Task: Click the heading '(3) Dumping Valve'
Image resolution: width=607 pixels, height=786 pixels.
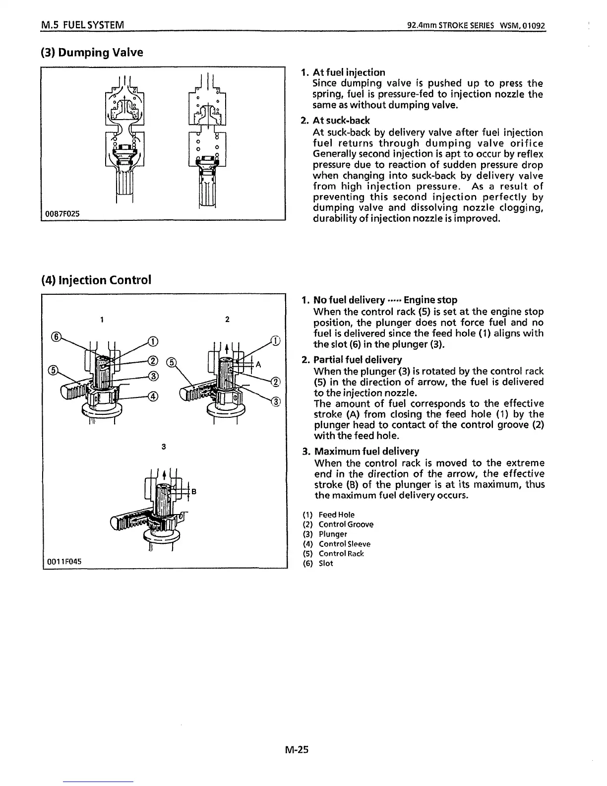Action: [x=92, y=52]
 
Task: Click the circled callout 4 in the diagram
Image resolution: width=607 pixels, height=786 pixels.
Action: [x=154, y=396]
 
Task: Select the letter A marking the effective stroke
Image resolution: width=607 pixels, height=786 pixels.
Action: [x=258, y=365]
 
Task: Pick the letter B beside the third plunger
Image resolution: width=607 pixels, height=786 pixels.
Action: [x=194, y=492]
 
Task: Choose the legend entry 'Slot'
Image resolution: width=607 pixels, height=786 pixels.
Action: [x=326, y=563]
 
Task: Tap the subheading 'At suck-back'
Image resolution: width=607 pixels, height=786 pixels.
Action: [x=341, y=121]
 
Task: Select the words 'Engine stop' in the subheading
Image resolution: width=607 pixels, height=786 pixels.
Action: [x=430, y=300]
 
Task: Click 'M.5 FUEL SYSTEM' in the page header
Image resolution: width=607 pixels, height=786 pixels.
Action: [x=82, y=25]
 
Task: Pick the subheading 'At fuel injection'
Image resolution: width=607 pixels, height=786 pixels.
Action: [x=349, y=72]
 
